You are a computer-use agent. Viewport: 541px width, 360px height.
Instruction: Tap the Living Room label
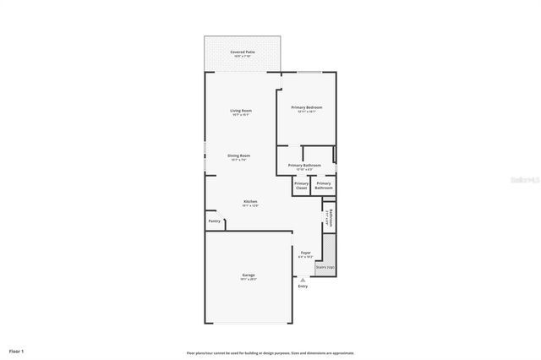coord(241,111)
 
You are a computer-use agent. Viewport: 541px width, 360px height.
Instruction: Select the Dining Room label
coord(238,155)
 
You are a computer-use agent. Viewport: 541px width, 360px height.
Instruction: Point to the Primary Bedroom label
coord(307,107)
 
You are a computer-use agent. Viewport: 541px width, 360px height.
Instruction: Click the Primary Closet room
coord(301,185)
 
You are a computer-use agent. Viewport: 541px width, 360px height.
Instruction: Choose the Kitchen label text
coord(250,201)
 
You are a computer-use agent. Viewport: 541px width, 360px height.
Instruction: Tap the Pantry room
coord(215,221)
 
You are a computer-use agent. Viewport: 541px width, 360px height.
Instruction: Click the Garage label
coord(249,275)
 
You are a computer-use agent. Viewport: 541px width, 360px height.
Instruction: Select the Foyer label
coord(306,252)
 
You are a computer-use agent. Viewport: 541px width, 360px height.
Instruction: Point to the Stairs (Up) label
coord(325,268)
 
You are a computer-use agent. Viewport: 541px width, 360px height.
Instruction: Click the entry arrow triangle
coord(303,280)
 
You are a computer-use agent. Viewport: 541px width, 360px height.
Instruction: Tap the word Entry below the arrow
coord(303,286)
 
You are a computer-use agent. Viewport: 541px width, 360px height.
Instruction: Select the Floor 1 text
coord(17,350)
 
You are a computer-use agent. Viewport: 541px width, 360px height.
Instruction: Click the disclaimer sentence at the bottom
coord(270,352)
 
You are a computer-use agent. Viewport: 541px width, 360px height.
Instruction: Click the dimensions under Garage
coord(249,279)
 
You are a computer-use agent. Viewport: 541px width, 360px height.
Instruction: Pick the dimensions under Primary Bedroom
coord(307,112)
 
